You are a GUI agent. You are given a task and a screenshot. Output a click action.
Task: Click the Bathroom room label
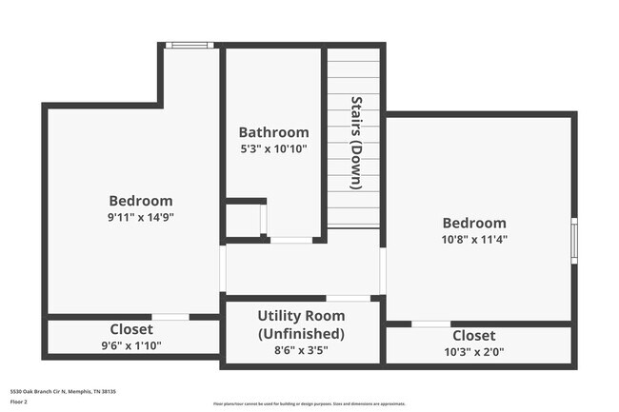pyautogui.click(x=273, y=132)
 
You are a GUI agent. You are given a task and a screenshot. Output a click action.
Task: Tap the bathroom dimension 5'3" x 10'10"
pyautogui.click(x=273, y=148)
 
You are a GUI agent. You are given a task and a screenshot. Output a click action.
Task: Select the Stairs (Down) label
pyautogui.click(x=355, y=143)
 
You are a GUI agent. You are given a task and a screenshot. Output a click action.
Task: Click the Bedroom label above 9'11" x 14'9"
pyautogui.click(x=141, y=201)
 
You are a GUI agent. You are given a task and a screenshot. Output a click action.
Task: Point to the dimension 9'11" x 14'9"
pyautogui.click(x=141, y=216)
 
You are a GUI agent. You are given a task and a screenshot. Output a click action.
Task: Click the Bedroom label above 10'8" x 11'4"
pyautogui.click(x=473, y=223)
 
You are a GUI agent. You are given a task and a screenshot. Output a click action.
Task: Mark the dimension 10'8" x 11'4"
pyautogui.click(x=473, y=239)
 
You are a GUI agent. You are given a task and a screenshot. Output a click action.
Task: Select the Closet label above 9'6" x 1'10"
pyautogui.click(x=131, y=329)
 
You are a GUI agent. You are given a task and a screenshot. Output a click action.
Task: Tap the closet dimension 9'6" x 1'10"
pyautogui.click(x=131, y=345)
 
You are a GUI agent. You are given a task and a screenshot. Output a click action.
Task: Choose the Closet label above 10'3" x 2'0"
pyautogui.click(x=473, y=336)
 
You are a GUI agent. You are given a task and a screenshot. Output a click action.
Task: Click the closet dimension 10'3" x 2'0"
pyautogui.click(x=473, y=352)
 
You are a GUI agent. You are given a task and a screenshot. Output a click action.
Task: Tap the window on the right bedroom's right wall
pyautogui.click(x=573, y=240)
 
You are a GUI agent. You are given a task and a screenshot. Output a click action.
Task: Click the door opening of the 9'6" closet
pyautogui.click(x=170, y=317)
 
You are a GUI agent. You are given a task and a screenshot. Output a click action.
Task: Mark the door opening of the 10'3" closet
pyautogui.click(x=430, y=324)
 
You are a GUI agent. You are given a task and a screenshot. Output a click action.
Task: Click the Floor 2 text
pyautogui.click(x=20, y=402)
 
